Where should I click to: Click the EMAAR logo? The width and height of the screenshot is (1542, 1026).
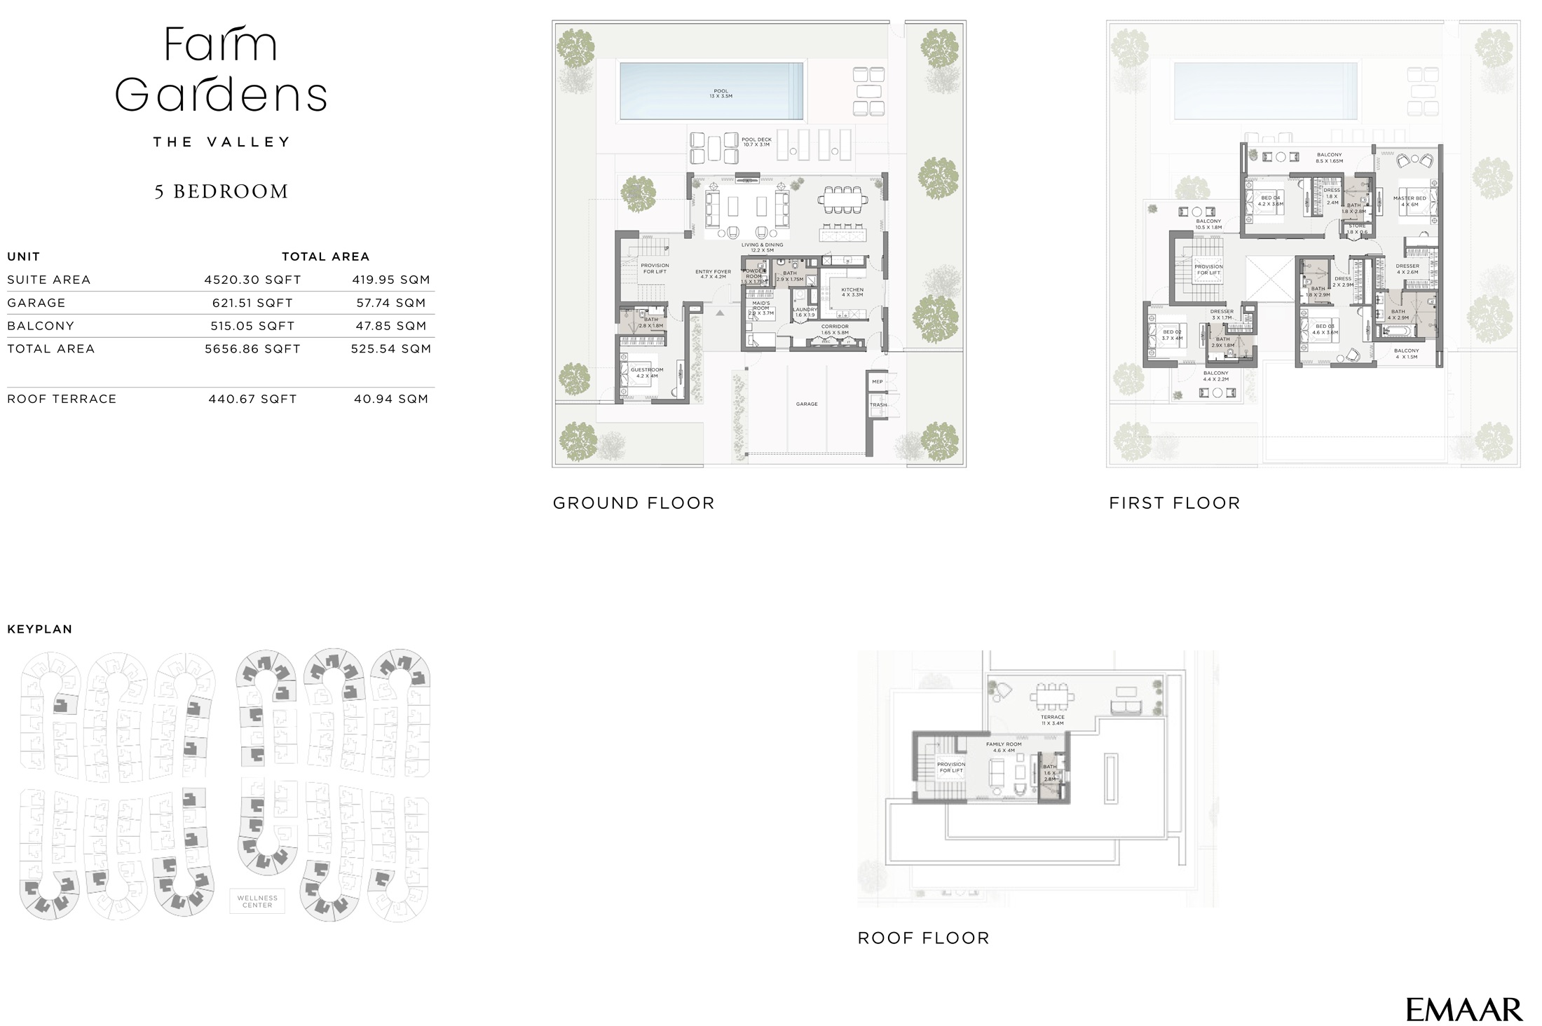(x=1463, y=1010)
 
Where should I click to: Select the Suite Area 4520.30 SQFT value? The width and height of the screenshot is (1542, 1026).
(x=252, y=280)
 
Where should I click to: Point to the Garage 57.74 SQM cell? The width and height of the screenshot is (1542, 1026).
(x=390, y=303)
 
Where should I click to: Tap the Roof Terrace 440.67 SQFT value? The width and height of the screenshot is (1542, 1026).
(x=252, y=399)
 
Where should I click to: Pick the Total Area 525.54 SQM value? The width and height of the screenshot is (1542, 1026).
(x=390, y=348)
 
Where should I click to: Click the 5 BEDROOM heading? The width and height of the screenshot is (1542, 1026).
(x=221, y=191)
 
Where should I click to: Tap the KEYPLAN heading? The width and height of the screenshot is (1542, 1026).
(x=40, y=629)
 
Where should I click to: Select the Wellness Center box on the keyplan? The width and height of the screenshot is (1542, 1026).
(x=257, y=901)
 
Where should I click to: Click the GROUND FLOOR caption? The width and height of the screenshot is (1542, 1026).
(x=634, y=502)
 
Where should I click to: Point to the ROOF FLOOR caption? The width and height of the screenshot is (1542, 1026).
(x=923, y=938)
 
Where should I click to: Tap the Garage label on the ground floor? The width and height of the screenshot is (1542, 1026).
(x=807, y=404)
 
